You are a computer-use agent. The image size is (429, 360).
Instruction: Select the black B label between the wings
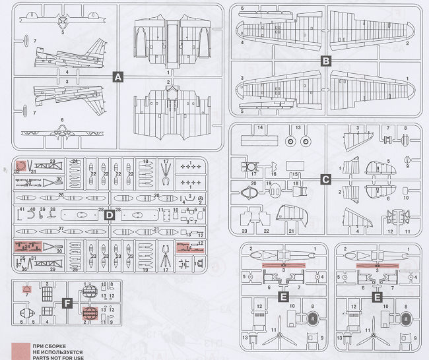[x=325, y=61]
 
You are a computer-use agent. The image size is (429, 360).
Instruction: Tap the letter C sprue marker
[x=325, y=179]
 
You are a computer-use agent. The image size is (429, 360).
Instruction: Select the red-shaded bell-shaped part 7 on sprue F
[x=26, y=291]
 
